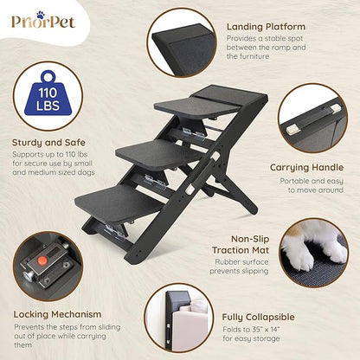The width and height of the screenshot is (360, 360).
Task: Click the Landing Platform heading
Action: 266,27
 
